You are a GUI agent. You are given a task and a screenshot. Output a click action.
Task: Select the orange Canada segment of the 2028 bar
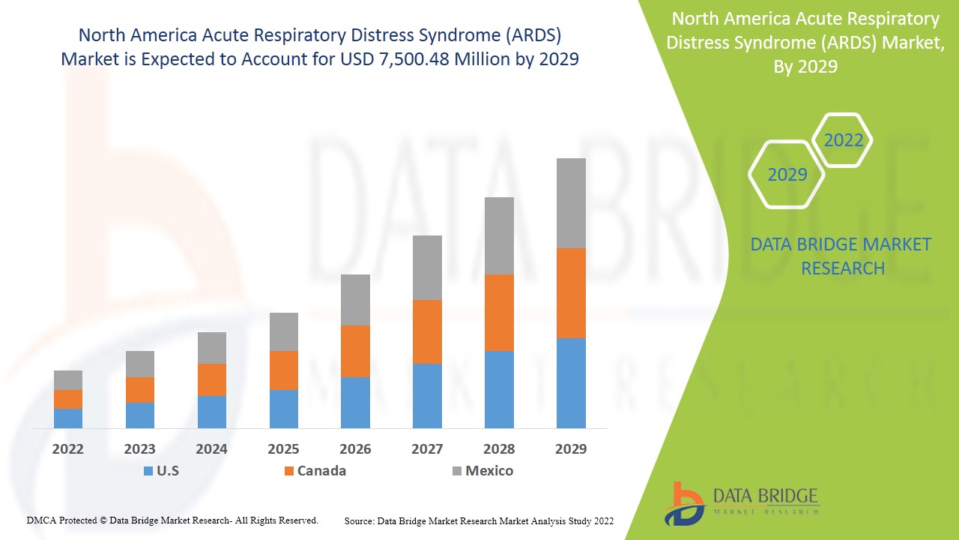[x=499, y=312]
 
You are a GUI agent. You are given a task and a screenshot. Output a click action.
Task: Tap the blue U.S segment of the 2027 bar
[x=427, y=395]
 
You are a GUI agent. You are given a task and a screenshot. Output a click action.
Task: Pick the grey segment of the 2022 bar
[x=68, y=379]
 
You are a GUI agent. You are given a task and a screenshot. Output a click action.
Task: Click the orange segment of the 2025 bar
[x=284, y=370]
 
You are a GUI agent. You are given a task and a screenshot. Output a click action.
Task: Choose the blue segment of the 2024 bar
[x=212, y=412]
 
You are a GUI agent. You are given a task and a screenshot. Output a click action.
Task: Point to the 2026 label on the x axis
[x=355, y=449]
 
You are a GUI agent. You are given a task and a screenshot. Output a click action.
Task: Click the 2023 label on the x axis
[x=139, y=449]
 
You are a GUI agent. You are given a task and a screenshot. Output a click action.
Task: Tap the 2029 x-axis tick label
[x=571, y=449]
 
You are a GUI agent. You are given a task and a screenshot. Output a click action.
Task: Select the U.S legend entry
[x=160, y=471]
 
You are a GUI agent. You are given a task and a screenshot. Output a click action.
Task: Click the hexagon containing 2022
[x=843, y=140]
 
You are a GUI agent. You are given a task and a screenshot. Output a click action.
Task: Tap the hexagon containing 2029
[x=787, y=175]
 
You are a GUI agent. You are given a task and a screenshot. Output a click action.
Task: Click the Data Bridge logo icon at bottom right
[x=683, y=503]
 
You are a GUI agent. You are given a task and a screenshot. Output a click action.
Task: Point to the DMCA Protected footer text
[x=172, y=520]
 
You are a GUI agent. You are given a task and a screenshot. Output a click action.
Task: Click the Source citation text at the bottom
[x=479, y=520]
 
